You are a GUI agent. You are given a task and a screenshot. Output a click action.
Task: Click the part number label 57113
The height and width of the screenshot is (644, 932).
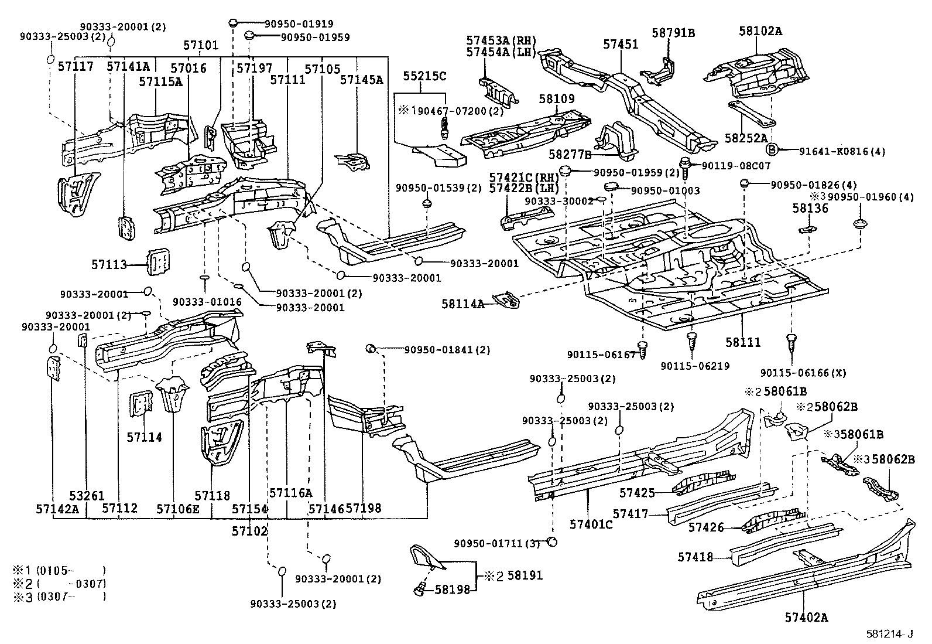109,265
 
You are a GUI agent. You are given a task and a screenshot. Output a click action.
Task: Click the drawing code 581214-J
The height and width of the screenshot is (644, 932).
890,634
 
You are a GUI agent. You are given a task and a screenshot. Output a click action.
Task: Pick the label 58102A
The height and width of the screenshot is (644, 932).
760,31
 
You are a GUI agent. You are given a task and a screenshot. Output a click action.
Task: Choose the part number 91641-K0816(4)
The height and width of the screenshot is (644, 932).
842,151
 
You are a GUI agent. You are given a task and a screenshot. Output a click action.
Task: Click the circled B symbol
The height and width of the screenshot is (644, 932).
772,150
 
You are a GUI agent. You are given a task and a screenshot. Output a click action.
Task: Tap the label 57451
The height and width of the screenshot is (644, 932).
621,44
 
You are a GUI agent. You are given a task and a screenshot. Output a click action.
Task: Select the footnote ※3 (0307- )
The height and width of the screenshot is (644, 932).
59,597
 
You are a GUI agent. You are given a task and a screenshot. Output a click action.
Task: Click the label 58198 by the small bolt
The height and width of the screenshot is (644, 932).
452,590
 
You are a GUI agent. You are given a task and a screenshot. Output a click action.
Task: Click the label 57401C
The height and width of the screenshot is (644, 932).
591,524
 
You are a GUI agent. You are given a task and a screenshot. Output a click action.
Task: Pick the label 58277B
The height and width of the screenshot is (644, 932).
571,154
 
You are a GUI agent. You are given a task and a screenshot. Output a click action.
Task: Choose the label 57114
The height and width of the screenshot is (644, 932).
144,437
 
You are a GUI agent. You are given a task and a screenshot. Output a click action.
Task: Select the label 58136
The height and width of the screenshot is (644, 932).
811,208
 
